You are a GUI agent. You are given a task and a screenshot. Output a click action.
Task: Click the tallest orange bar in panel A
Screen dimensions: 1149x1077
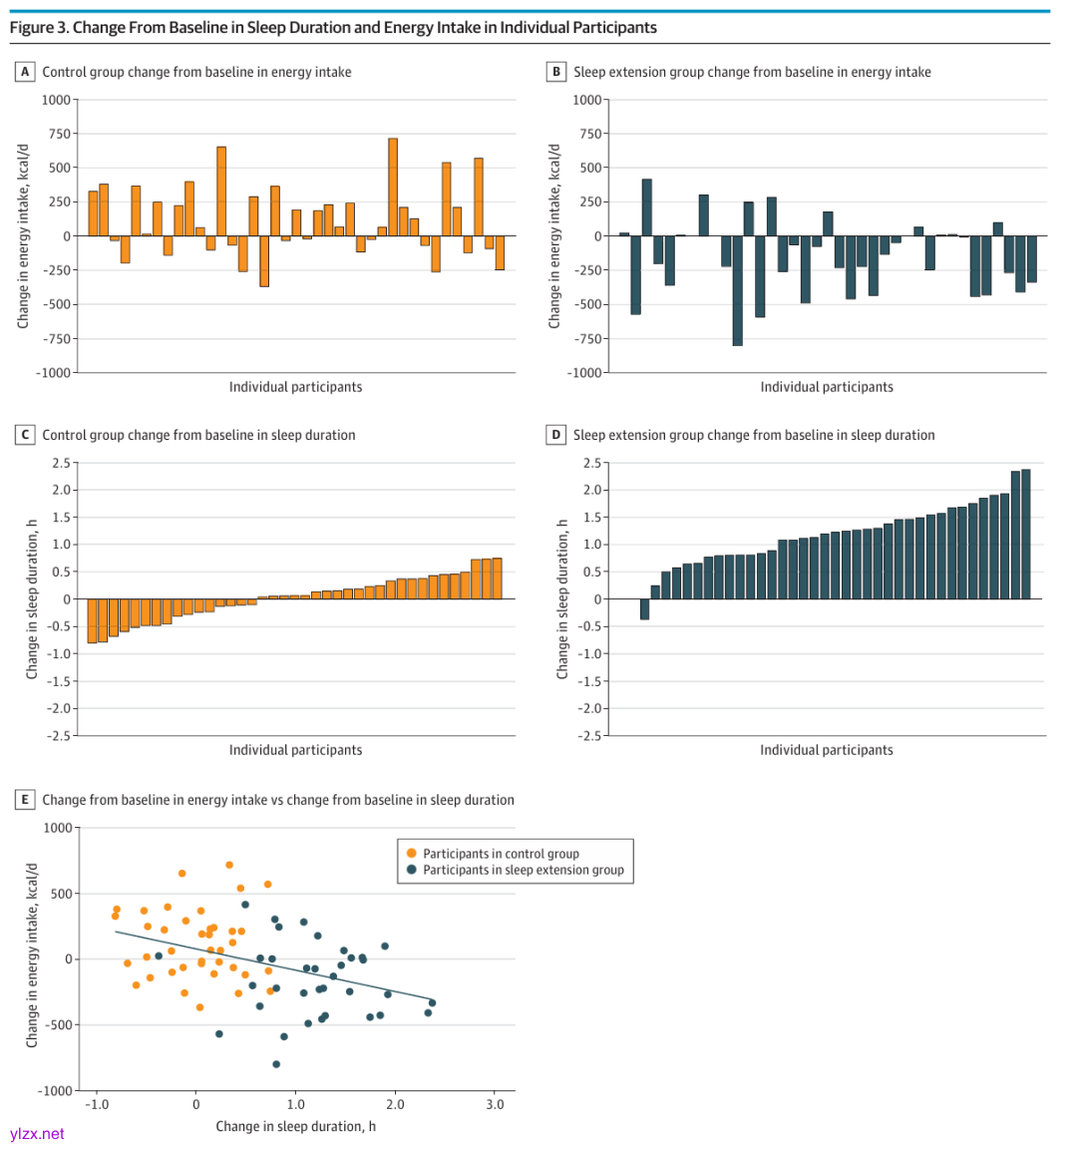(x=393, y=187)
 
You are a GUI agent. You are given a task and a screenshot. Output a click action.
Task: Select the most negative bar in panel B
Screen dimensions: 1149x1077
(x=737, y=290)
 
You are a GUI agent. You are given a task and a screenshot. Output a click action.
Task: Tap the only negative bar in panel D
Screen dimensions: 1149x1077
(x=644, y=609)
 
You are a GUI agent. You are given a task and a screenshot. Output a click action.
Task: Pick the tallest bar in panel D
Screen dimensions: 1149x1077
(x=1025, y=534)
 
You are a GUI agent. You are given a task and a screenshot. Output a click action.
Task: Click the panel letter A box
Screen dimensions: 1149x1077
(x=25, y=72)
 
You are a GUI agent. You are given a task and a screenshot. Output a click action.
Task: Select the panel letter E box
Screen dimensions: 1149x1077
(x=25, y=800)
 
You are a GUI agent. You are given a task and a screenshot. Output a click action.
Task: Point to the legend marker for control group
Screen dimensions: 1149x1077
(x=412, y=854)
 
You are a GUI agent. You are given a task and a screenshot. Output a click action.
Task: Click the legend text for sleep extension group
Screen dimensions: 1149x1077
(x=523, y=870)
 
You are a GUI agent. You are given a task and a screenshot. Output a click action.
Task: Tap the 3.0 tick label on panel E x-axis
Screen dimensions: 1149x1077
(x=495, y=1104)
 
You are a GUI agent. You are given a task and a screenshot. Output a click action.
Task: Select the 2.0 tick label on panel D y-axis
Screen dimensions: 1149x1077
(x=592, y=490)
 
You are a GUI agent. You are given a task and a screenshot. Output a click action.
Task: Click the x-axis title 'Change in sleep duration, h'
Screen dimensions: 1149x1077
(x=295, y=1126)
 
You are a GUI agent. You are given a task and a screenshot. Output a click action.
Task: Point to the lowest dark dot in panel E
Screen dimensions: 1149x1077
(x=276, y=1064)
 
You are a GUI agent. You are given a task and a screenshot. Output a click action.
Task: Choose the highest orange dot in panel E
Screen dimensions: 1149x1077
(x=229, y=865)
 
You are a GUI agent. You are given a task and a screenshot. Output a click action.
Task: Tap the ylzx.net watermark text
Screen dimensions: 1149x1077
(x=37, y=1134)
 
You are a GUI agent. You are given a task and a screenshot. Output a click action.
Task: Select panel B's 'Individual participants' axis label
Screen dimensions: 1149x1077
(x=827, y=387)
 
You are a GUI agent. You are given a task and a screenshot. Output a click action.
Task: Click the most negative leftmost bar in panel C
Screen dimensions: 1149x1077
(x=92, y=620)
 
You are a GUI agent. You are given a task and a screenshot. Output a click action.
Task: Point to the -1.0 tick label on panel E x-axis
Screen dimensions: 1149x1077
(x=96, y=1104)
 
